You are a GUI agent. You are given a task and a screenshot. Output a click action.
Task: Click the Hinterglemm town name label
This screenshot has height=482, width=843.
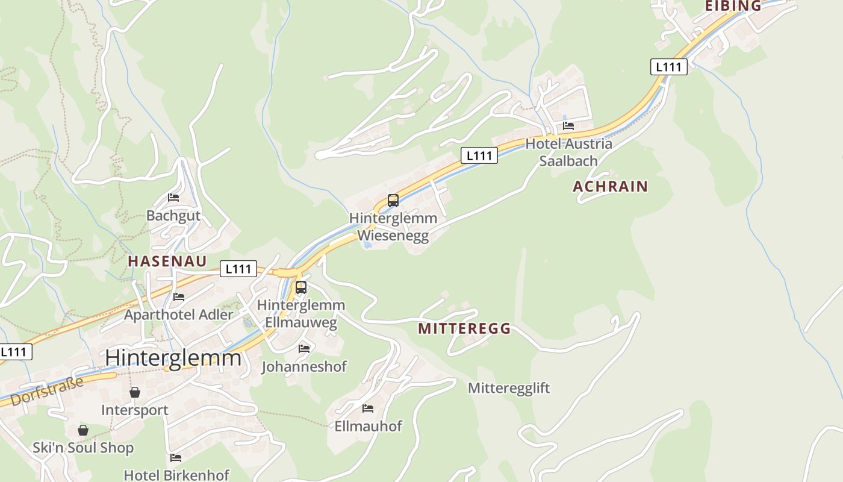coord(173,358)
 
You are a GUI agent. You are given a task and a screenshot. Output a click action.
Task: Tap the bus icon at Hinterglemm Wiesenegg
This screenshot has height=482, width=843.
coord(393,201)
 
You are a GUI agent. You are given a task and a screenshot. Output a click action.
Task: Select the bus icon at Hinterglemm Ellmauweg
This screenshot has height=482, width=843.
coord(301,287)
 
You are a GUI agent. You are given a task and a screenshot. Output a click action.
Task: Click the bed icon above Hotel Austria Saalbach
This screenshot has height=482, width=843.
coord(568,126)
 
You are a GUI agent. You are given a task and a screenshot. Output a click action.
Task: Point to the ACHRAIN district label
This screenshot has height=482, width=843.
coord(610,186)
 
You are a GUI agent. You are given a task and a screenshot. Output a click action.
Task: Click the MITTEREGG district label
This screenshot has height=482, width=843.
coord(464,328)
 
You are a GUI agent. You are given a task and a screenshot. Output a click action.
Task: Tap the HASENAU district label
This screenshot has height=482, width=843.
coord(167,261)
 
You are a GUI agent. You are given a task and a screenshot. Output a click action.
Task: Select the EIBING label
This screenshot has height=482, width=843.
coord(733,6)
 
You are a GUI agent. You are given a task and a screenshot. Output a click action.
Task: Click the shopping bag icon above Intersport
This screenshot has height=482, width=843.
coord(135,392)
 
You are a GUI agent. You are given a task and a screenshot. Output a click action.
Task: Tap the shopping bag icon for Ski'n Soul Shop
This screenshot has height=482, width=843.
coord(83,430)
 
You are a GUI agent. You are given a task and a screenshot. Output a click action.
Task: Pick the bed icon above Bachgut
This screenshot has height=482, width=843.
coord(173,198)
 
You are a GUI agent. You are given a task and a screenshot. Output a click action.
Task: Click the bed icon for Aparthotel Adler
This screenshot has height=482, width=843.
coord(179,296)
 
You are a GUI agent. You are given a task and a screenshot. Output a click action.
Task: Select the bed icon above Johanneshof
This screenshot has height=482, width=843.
coord(304,348)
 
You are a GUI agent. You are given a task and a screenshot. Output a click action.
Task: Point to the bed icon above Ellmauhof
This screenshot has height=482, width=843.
coord(368,408)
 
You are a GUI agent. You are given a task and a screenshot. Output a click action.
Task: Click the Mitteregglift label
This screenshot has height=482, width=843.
coord(509,388)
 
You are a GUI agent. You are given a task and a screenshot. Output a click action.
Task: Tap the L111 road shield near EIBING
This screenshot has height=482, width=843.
coord(668,66)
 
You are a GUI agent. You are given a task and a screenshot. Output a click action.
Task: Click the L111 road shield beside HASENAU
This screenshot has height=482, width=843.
coord(238,269)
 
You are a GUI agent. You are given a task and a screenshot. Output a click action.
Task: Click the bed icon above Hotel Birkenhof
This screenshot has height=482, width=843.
coord(176,458)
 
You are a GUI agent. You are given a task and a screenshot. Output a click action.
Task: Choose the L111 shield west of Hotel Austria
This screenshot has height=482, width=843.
coord(479,155)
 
